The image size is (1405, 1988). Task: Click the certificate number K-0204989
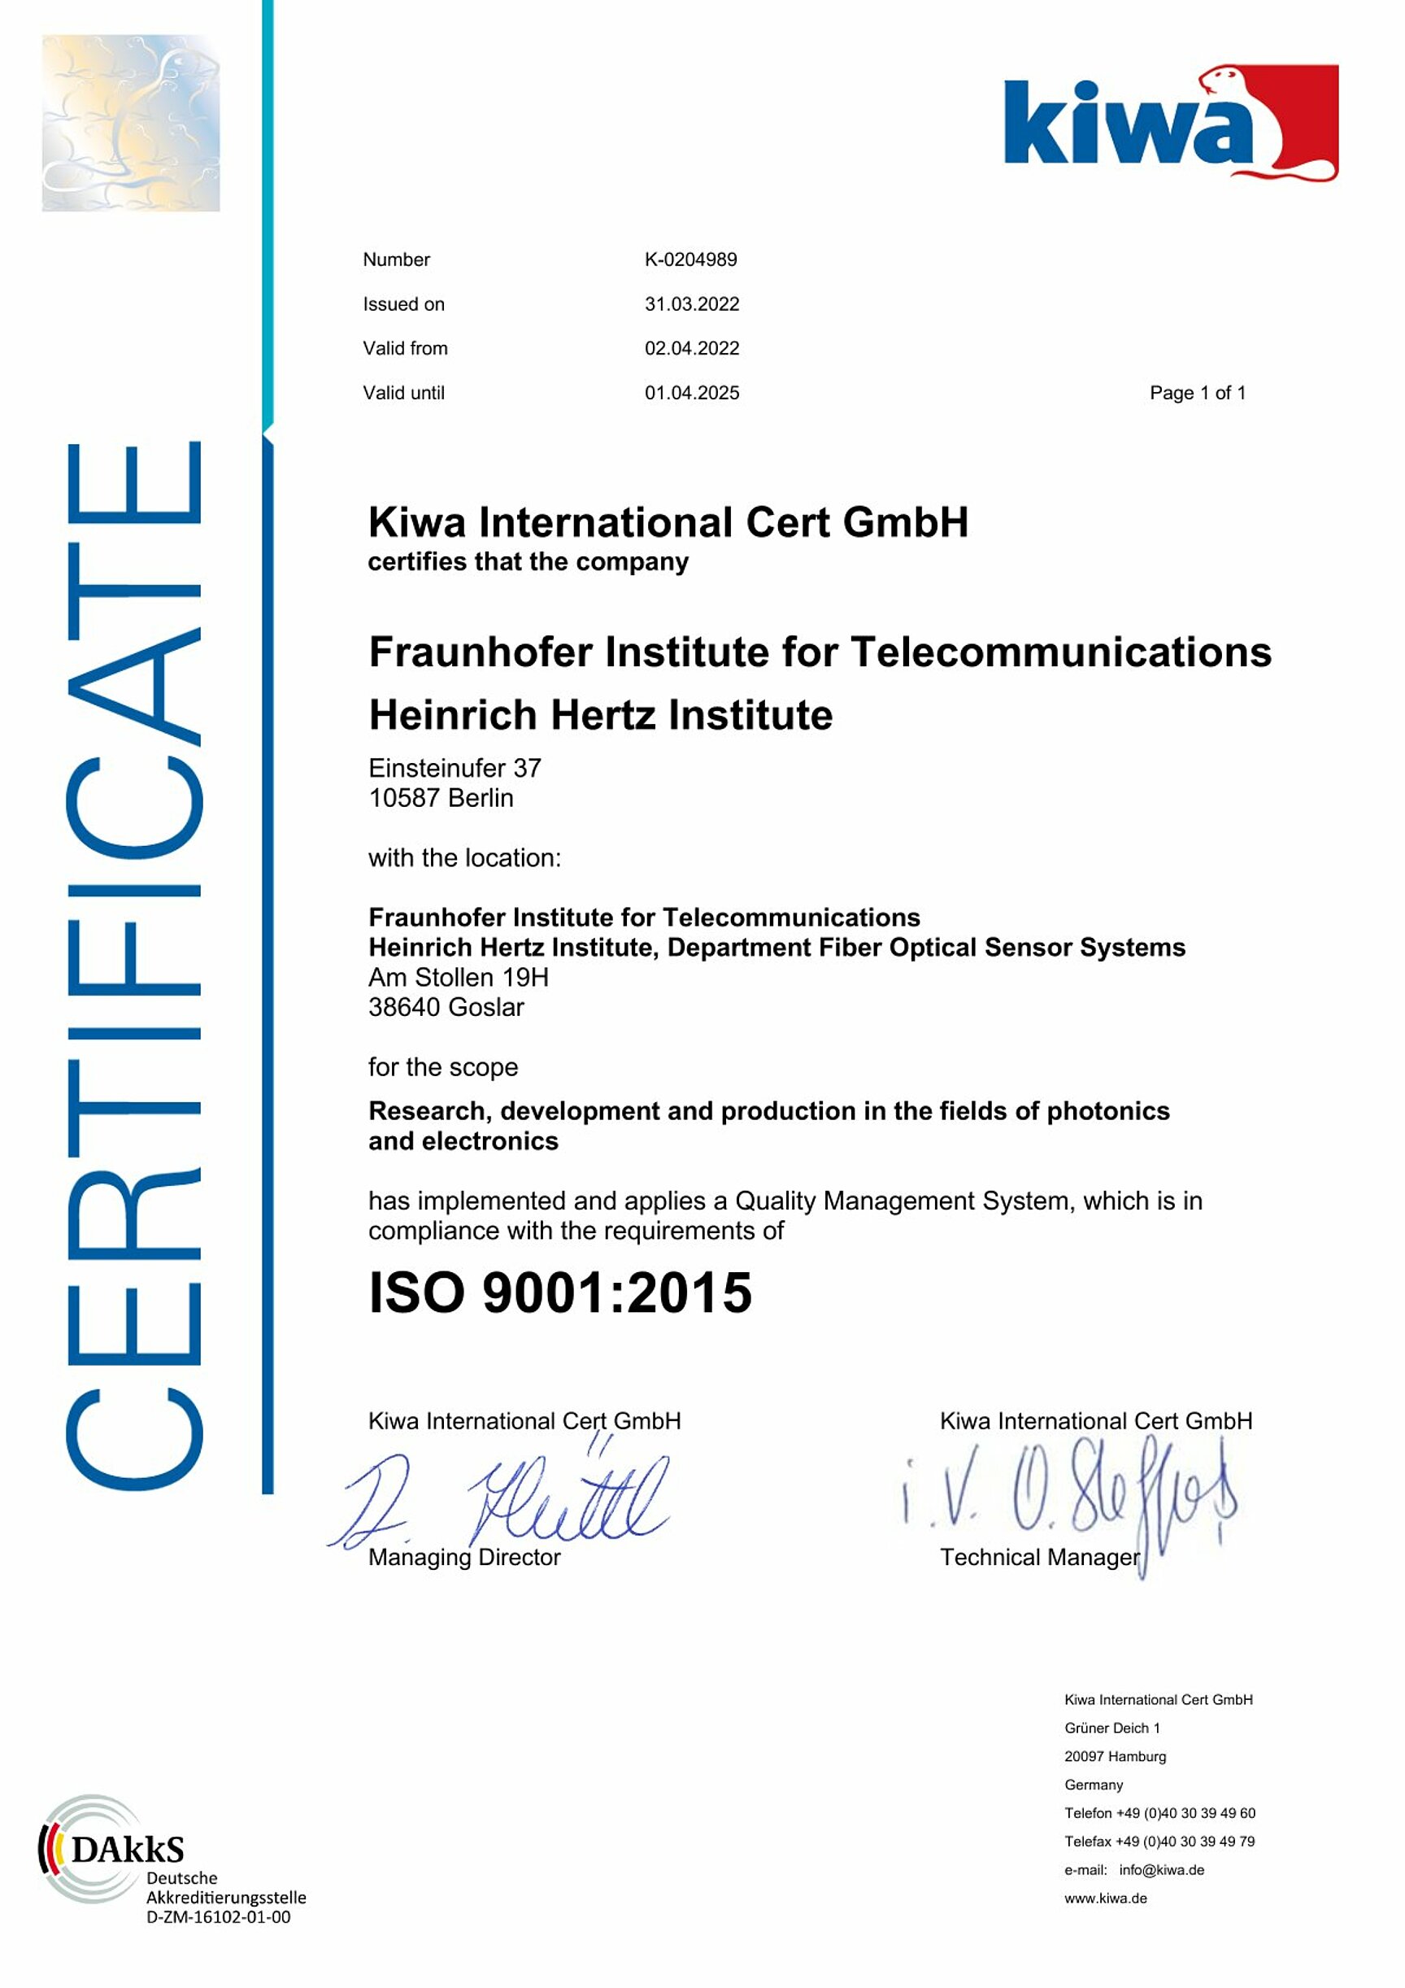pyautogui.click(x=690, y=259)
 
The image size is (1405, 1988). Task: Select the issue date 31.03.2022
pyautogui.click(x=692, y=304)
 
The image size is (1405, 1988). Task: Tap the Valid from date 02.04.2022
pyautogui.click(x=692, y=348)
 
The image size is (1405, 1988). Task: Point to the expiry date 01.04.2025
pyautogui.click(x=692, y=393)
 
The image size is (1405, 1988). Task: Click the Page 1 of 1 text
pyautogui.click(x=1197, y=393)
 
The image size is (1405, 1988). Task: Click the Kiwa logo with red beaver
pyautogui.click(x=1170, y=122)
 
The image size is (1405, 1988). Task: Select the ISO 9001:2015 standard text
pyautogui.click(x=560, y=1293)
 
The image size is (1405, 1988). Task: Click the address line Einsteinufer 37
pyautogui.click(x=455, y=768)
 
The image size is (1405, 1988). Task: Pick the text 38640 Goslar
pyautogui.click(x=446, y=1007)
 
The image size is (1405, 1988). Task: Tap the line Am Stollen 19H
pyautogui.click(x=458, y=978)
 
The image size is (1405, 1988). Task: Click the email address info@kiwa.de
pyautogui.click(x=1161, y=1869)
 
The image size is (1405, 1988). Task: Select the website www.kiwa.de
pyautogui.click(x=1106, y=1898)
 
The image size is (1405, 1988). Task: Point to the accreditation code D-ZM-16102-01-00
pyautogui.click(x=218, y=1917)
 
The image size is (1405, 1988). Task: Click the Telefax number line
pyautogui.click(x=1159, y=1841)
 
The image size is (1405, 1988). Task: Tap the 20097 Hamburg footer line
pyautogui.click(x=1115, y=1756)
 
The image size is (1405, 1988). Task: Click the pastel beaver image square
pyautogui.click(x=131, y=123)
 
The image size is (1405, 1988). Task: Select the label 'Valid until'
pyautogui.click(x=403, y=393)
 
